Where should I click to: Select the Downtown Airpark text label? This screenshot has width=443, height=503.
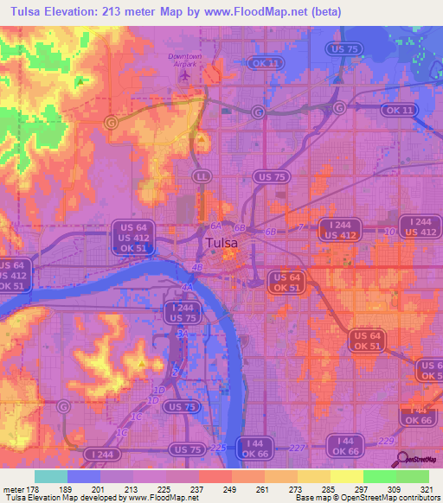183,60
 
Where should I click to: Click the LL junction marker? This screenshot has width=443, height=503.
202,175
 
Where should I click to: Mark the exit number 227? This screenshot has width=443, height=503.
297,447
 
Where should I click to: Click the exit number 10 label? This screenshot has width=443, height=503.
388,232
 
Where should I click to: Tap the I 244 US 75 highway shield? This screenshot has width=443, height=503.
183,312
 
